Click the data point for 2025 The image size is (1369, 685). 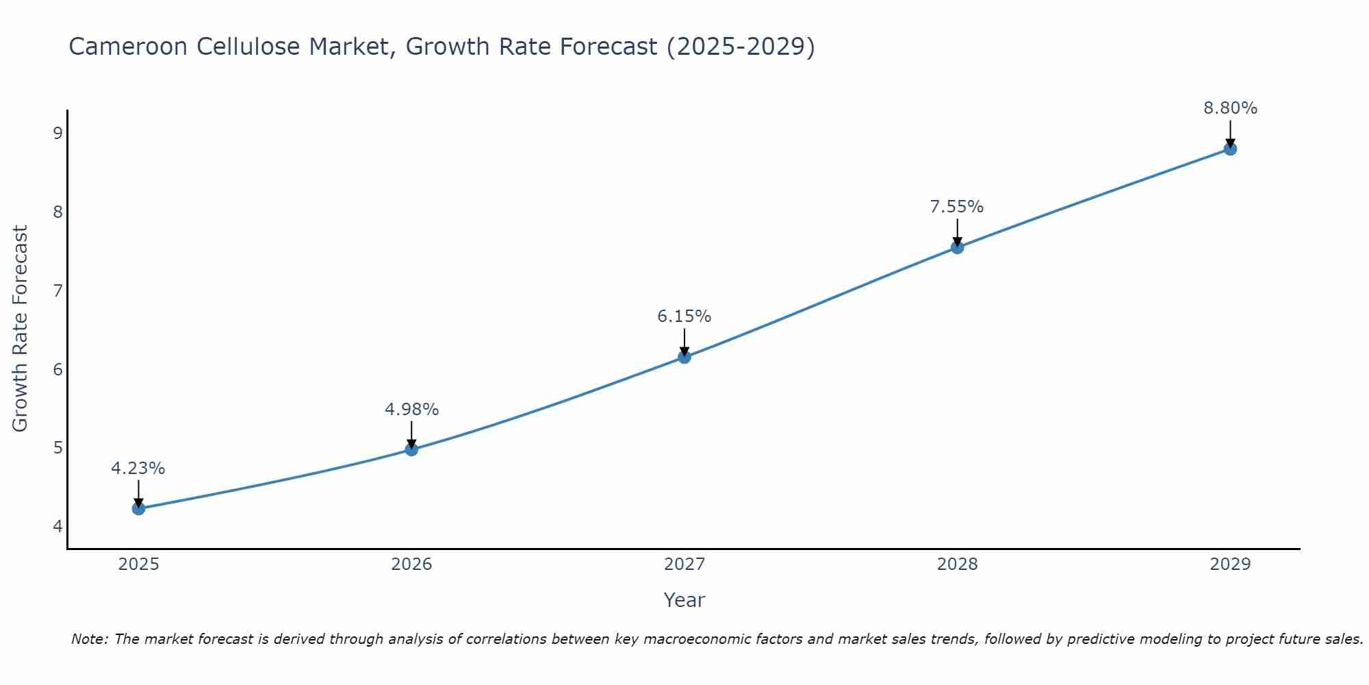click(x=138, y=508)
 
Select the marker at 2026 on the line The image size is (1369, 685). click(x=411, y=449)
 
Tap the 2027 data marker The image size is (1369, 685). click(x=684, y=357)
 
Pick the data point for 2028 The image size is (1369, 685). click(x=957, y=247)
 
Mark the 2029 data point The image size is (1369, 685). click(x=1230, y=149)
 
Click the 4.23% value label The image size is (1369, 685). click(x=138, y=469)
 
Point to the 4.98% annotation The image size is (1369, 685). click(x=411, y=410)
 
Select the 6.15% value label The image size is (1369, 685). click(x=684, y=316)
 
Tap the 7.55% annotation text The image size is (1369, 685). click(x=957, y=207)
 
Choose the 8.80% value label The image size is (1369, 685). click(x=1230, y=108)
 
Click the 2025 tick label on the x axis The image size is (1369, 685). click(x=138, y=564)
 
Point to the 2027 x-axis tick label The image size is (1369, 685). click(x=684, y=564)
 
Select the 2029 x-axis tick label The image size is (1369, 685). click(x=1230, y=564)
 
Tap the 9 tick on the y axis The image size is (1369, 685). click(x=57, y=133)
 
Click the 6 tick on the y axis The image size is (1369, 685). click(x=57, y=369)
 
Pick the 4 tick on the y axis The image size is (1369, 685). click(x=57, y=527)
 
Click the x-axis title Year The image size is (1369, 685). click(x=684, y=600)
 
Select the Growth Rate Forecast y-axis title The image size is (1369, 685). click(x=21, y=329)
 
